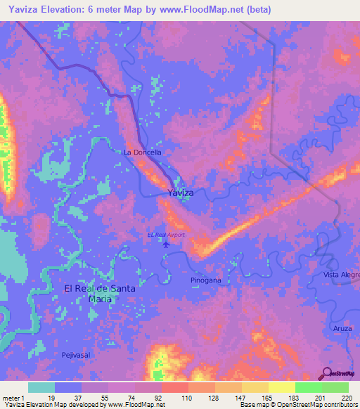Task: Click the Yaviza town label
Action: (181, 193)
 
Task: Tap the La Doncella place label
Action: (143, 152)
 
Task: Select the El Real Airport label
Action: (165, 235)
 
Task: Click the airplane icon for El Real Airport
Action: (166, 245)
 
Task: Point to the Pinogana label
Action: (206, 280)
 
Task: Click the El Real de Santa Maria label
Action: (91, 293)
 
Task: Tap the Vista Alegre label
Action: (340, 274)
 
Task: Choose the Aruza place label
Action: (342, 328)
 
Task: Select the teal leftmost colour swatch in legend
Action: (41, 387)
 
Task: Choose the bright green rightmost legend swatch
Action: (335, 387)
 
